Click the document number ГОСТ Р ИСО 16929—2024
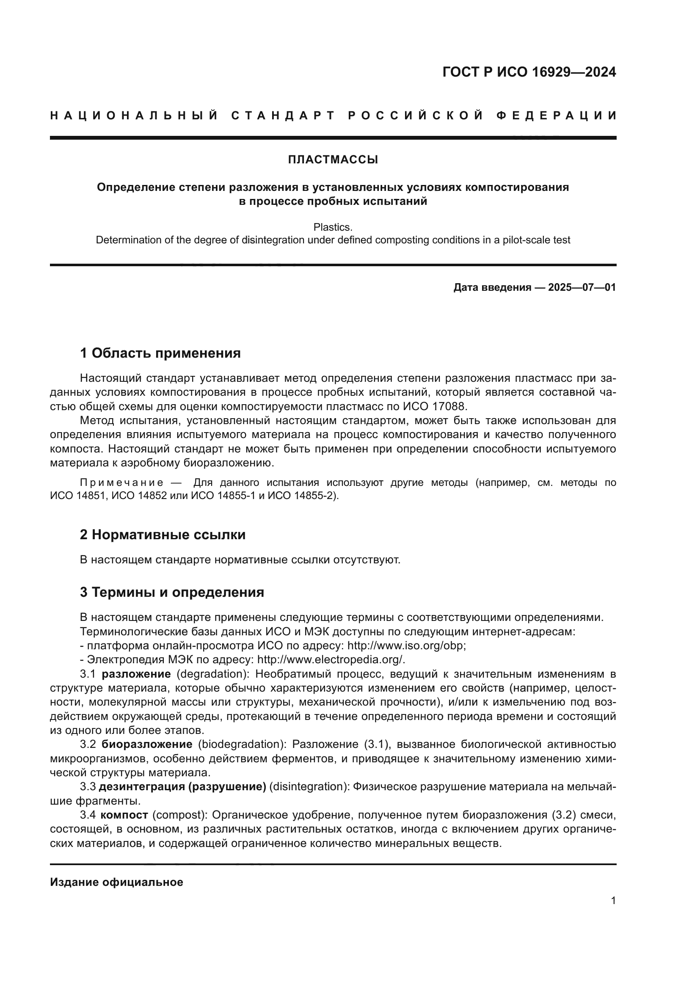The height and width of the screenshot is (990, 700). [x=529, y=72]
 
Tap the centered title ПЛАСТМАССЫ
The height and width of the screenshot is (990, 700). [x=333, y=160]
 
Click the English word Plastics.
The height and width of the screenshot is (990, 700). [x=333, y=227]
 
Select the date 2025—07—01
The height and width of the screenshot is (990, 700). [x=582, y=287]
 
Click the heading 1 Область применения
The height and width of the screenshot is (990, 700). [x=160, y=353]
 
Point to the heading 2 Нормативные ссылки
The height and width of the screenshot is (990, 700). [x=163, y=535]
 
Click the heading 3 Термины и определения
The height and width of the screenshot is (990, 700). [x=171, y=592]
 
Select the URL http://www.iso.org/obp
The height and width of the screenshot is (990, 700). [x=406, y=646]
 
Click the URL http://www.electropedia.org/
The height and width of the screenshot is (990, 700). [x=331, y=660]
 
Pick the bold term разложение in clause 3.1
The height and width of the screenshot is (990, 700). [x=136, y=674]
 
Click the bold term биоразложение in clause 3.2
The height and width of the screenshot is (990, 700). [x=147, y=744]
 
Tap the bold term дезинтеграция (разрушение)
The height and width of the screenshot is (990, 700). [x=182, y=786]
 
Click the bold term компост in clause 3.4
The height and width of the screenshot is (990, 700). [x=124, y=815]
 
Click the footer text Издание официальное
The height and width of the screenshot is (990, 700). [x=116, y=882]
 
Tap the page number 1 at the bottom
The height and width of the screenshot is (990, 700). [x=613, y=900]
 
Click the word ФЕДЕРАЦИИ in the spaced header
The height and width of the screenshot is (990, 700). [x=556, y=116]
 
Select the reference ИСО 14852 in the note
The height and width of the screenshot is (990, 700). [x=139, y=496]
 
